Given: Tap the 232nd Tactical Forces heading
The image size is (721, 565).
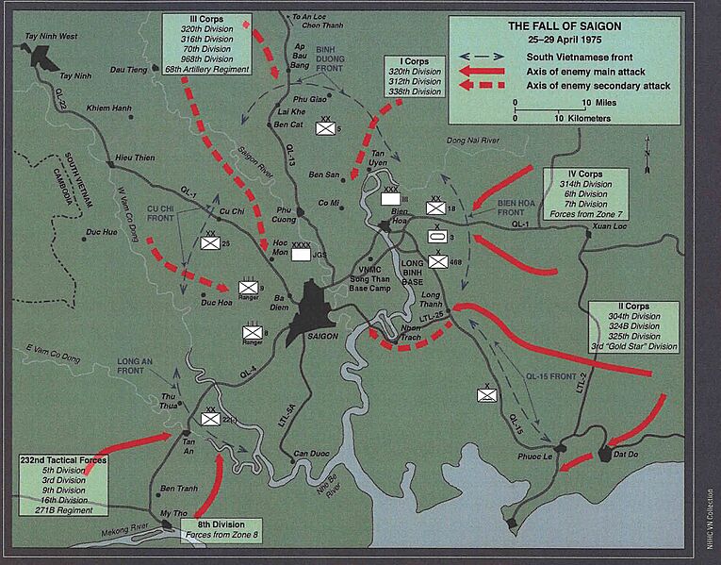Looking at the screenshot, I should click(x=63, y=459).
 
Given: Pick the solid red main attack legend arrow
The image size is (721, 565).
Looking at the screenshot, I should click(x=486, y=71).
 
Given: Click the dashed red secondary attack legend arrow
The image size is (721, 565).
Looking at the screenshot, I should click(x=486, y=86).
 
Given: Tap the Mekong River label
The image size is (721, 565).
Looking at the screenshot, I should click(x=125, y=530).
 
